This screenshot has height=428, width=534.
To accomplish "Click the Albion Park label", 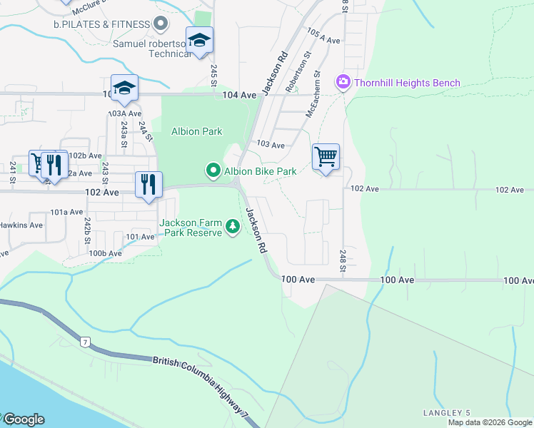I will coord(196,131).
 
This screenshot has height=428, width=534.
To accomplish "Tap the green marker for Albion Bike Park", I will coord(213,170).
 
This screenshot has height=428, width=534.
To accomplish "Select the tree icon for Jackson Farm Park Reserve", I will coord(232,227).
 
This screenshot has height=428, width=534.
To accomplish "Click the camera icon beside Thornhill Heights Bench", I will coord(343,83).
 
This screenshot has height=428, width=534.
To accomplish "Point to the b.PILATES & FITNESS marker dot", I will coord(161,24).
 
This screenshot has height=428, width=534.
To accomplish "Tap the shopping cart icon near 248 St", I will coord(326,156).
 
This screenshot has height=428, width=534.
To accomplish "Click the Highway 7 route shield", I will coord(86,343).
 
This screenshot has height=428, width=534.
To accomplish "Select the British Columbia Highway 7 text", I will coord(203,381).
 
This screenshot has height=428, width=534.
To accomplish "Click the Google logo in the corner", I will coord(23,419).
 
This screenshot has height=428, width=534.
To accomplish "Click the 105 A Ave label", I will coord(323,37).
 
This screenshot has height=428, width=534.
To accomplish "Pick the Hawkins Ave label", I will coord(21,225).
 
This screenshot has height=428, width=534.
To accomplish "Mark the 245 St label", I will coord(213,72).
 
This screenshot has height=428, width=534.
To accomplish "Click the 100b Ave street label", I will coord(105,253).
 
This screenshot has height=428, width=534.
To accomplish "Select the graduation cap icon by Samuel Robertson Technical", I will coord(200,40).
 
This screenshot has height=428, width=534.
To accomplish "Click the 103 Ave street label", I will coord(271,145).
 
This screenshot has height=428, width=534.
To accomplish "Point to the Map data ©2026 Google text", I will coord(489,422).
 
